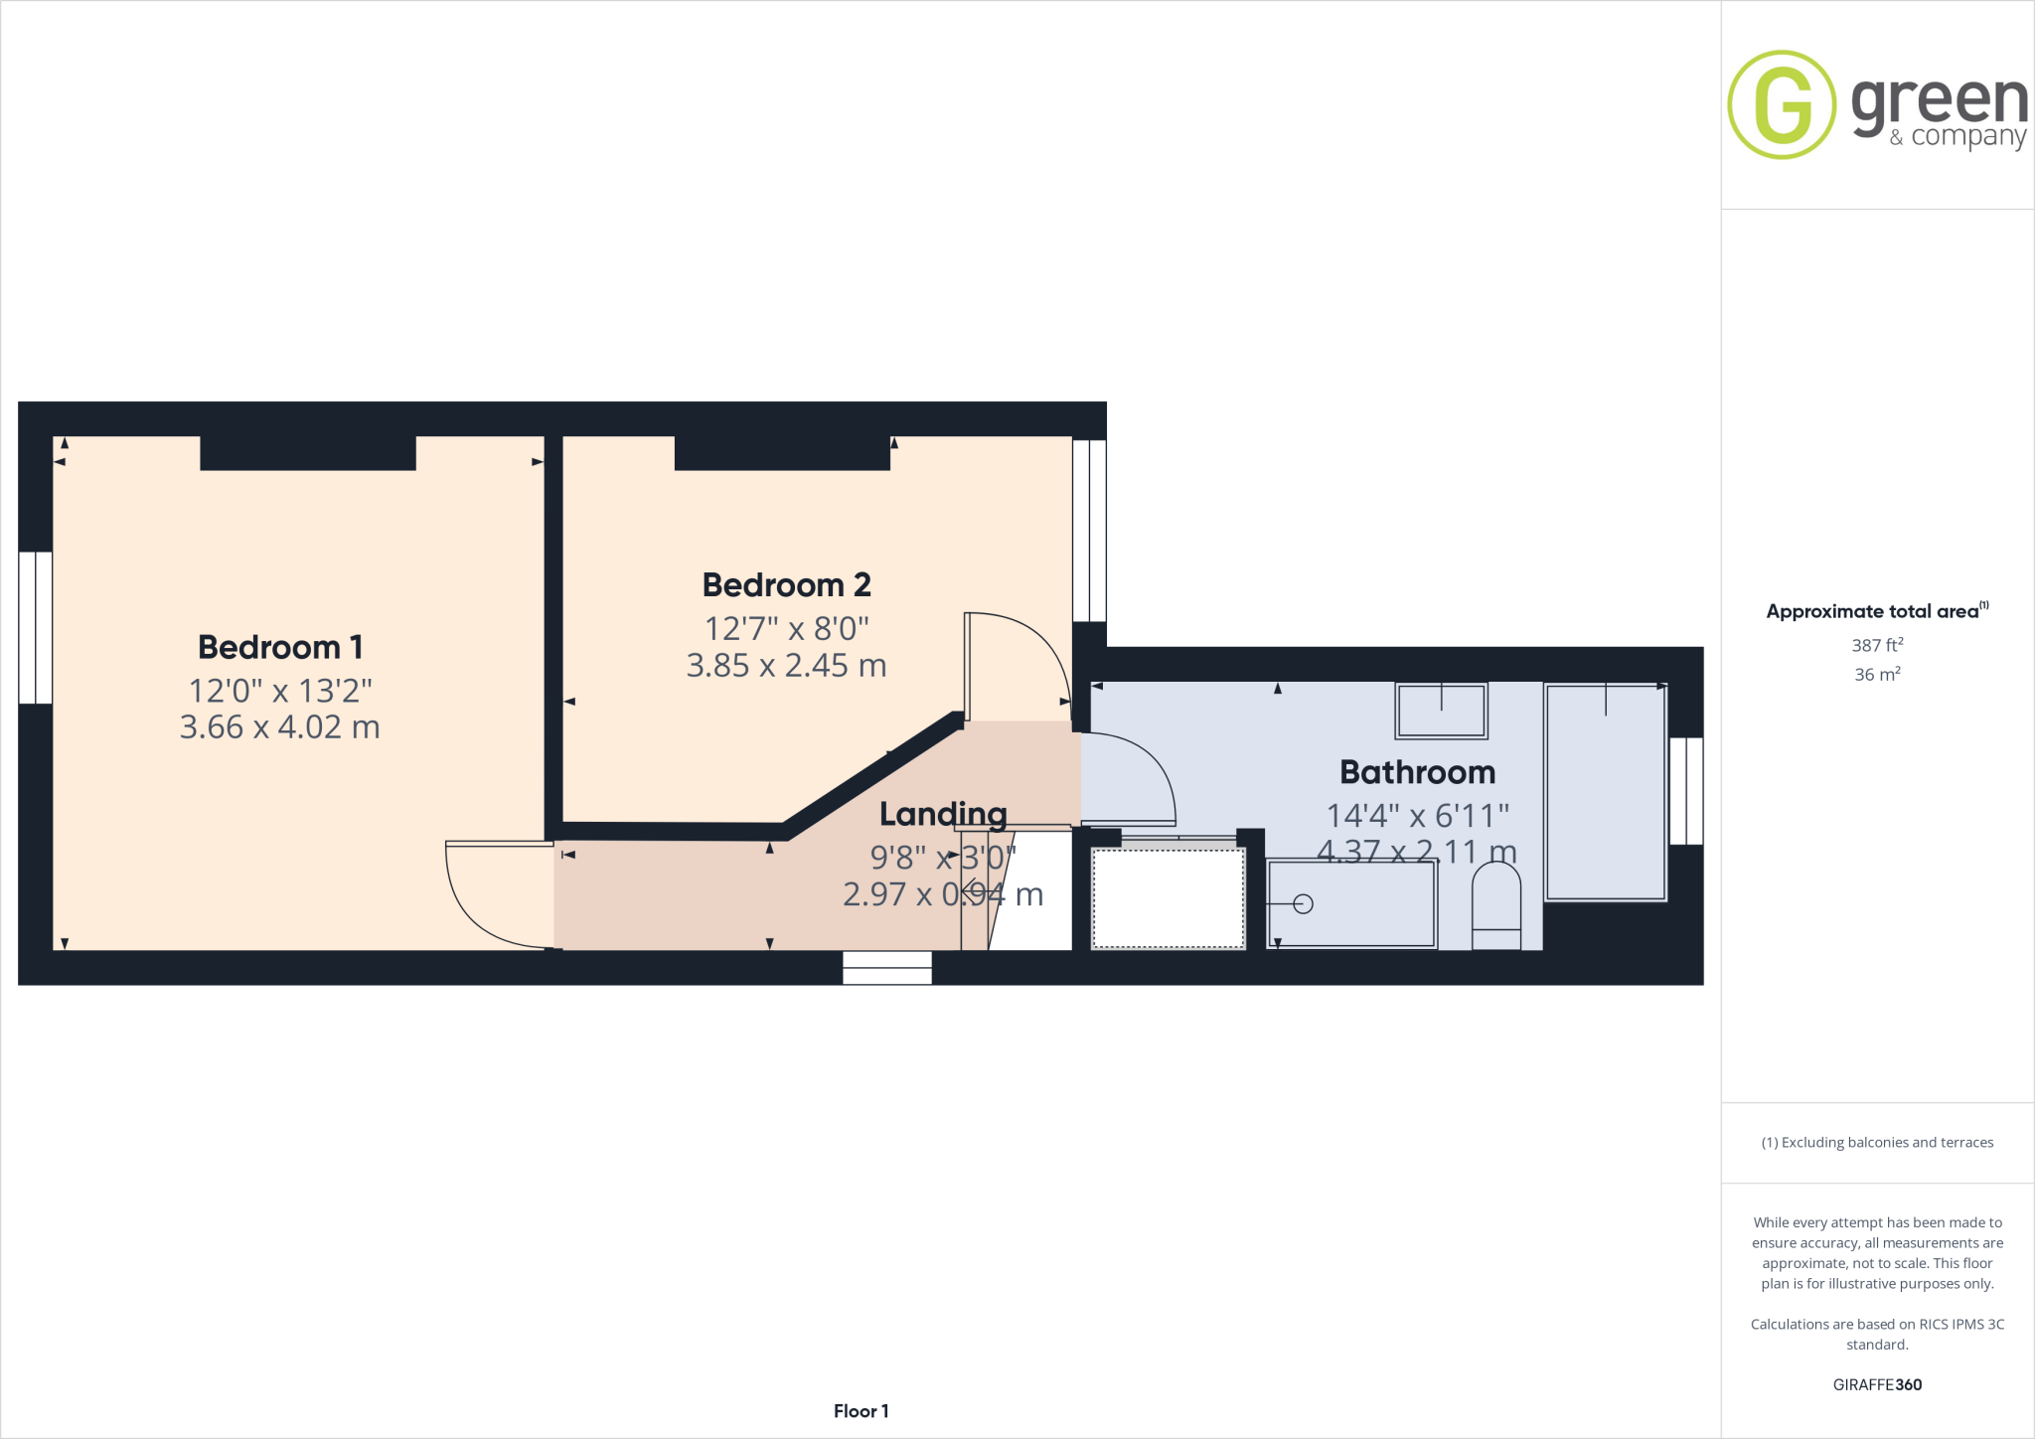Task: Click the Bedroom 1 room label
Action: (x=280, y=647)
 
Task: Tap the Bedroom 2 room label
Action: (x=786, y=585)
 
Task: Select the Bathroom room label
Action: (x=1417, y=772)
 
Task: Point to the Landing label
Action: (x=943, y=814)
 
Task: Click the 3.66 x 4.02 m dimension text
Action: (x=280, y=727)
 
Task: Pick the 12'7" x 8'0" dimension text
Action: (x=786, y=628)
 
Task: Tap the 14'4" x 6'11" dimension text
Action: (x=1417, y=816)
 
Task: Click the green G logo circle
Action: (x=1782, y=104)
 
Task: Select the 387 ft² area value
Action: (x=1877, y=645)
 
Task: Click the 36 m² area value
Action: (x=1877, y=674)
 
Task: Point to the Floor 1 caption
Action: (x=861, y=1411)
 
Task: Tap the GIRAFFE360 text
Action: (x=1877, y=1384)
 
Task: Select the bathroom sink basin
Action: (x=1441, y=711)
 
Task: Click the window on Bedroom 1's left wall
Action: (x=36, y=627)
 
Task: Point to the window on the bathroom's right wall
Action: (x=1686, y=791)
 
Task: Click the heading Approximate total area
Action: (x=1874, y=611)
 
